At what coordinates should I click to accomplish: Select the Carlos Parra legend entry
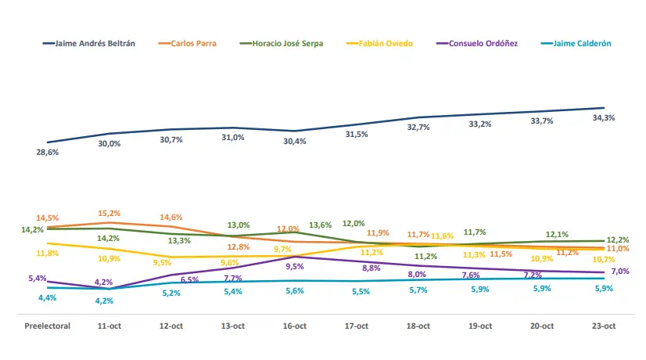pyautogui.click(x=192, y=43)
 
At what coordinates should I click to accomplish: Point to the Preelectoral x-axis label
pyautogui.click(x=47, y=326)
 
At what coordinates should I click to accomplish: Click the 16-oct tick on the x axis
pyautogui.click(x=294, y=326)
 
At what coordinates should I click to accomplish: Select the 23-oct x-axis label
pyautogui.click(x=604, y=326)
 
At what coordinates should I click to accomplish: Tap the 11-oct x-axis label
pyautogui.click(x=109, y=326)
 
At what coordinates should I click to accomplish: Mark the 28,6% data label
pyautogui.click(x=47, y=152)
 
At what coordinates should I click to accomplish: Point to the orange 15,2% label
pyautogui.click(x=109, y=213)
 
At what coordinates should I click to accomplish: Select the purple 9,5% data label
pyautogui.click(x=294, y=266)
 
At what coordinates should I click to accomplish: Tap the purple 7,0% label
pyautogui.click(x=621, y=271)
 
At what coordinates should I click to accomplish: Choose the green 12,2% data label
pyautogui.click(x=616, y=239)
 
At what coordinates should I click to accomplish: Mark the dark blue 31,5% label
pyautogui.click(x=357, y=135)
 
